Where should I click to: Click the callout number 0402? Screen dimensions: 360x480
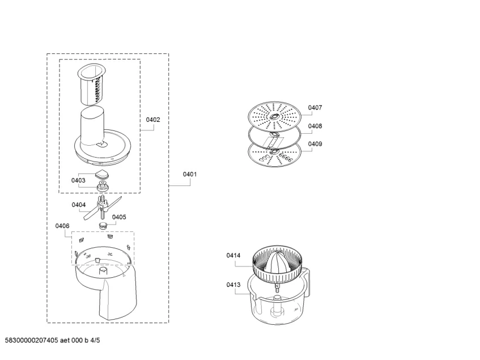click(153, 120)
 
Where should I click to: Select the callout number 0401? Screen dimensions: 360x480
click(189, 174)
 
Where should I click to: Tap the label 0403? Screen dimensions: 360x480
click(78, 180)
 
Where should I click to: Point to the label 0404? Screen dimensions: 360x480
click(78, 205)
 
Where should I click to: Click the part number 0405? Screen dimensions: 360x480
click(119, 217)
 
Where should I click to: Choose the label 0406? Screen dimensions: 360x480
click(62, 226)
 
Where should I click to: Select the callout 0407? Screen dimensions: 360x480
click(315, 107)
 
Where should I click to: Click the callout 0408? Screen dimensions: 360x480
click(315, 126)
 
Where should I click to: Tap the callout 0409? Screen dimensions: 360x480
click(315, 144)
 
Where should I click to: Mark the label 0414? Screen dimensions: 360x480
click(233, 256)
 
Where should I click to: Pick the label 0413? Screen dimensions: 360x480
click(233, 285)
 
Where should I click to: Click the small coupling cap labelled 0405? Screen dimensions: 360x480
click(104, 225)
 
